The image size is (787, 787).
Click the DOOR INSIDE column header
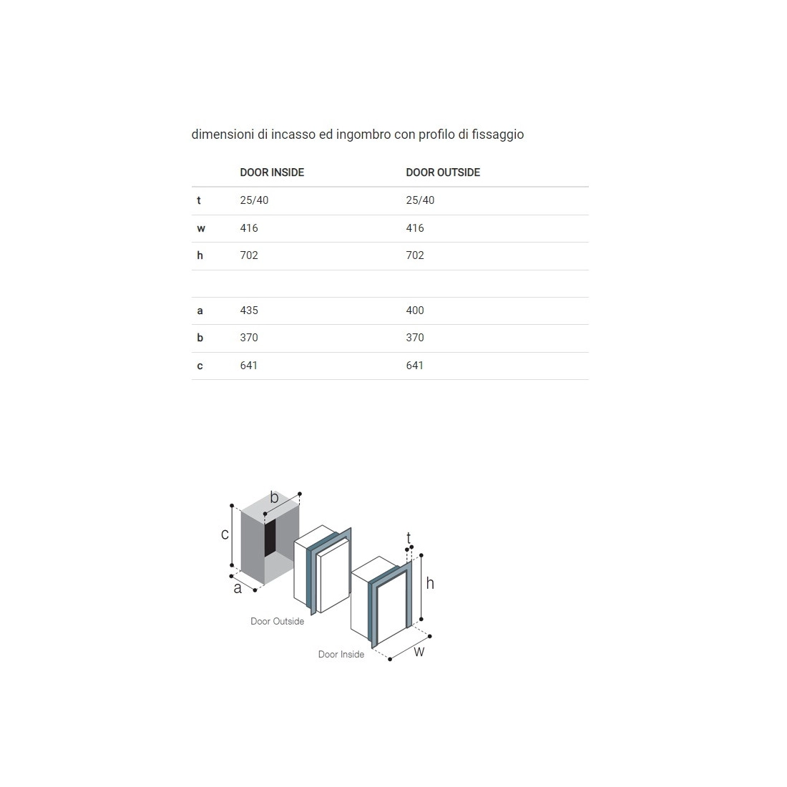(272, 172)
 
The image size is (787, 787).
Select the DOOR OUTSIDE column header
(443, 172)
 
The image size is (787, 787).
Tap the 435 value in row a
(249, 311)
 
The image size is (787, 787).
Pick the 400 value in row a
(415, 311)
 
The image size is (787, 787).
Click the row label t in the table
(199, 200)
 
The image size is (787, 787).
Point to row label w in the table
(201, 228)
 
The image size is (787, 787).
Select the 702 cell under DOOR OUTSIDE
(415, 255)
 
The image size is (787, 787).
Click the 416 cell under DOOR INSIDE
(249, 228)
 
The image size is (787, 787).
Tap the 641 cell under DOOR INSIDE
(249, 366)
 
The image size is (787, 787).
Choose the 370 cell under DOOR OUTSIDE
(415, 337)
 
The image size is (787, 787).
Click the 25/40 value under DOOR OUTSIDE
(420, 200)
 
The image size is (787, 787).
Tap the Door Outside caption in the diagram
(278, 621)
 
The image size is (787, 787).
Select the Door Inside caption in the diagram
(341, 655)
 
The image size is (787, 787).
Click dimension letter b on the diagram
(274, 497)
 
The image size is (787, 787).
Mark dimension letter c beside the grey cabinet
(225, 534)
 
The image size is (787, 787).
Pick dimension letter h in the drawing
(430, 583)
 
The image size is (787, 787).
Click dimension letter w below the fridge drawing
(419, 652)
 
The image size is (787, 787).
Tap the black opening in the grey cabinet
(270, 537)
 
